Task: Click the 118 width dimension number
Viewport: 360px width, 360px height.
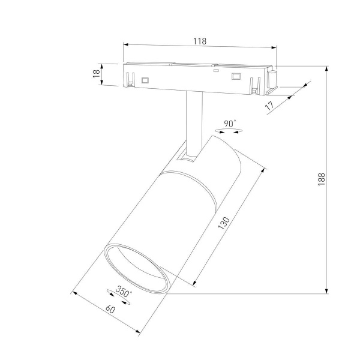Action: (x=200, y=41)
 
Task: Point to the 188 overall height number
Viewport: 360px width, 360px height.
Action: (x=322, y=179)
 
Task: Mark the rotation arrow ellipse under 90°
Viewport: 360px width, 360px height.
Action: (x=225, y=131)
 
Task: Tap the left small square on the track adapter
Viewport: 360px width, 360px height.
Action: (x=145, y=79)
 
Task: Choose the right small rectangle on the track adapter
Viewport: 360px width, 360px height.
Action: (x=236, y=76)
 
